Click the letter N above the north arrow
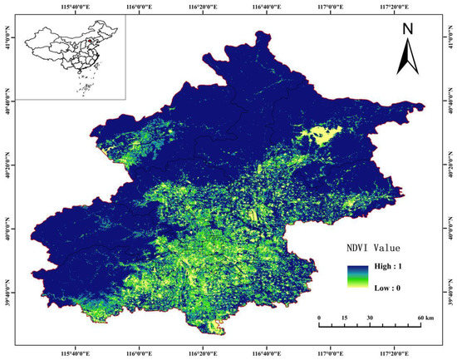[407, 28]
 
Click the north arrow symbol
[407, 57]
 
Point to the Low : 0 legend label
[385, 287]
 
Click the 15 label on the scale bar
[344, 318]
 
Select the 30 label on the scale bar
[370, 318]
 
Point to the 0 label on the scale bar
[319, 318]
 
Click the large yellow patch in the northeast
[322, 134]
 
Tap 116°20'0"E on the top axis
[204, 9]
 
